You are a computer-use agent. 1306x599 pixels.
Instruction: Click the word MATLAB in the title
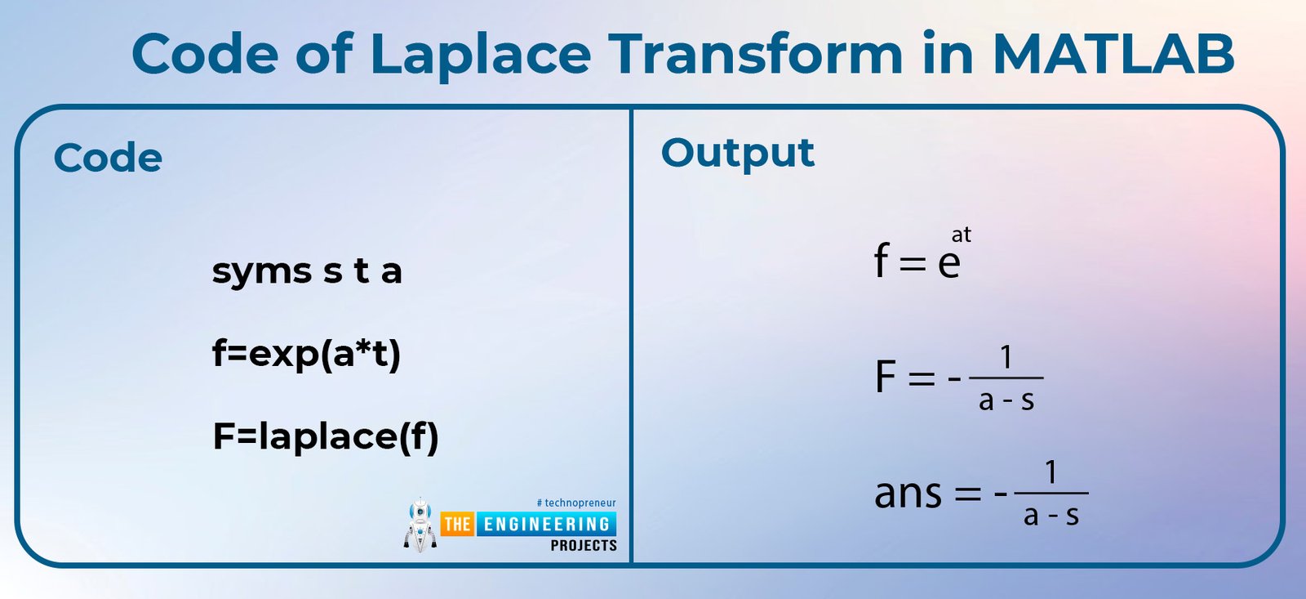1113,54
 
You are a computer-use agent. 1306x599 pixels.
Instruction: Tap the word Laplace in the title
481,56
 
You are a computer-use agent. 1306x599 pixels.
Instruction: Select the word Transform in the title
756,54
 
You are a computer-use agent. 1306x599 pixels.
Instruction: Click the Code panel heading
108,158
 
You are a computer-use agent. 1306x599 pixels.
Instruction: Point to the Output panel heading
738,154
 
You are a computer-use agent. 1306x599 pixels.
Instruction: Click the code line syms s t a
307,271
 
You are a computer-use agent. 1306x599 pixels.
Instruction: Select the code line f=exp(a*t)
306,355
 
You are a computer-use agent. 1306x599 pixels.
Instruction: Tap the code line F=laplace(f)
326,437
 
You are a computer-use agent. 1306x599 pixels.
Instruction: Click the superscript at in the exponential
961,235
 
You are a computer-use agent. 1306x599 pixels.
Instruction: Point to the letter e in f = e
948,264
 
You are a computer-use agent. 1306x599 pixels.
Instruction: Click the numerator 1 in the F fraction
1006,357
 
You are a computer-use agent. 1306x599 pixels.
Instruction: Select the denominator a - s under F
1006,401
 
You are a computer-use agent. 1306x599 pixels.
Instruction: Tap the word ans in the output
908,494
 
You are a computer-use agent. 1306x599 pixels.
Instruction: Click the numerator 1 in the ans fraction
1051,472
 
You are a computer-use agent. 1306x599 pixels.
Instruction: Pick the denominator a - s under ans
1051,516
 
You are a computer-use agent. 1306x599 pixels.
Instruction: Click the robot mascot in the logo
420,525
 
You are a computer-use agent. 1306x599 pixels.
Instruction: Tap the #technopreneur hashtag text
576,503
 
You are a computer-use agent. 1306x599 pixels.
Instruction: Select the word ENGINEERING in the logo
546,525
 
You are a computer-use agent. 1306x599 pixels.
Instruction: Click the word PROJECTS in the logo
584,546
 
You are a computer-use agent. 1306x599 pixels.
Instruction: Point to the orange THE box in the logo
458,525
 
